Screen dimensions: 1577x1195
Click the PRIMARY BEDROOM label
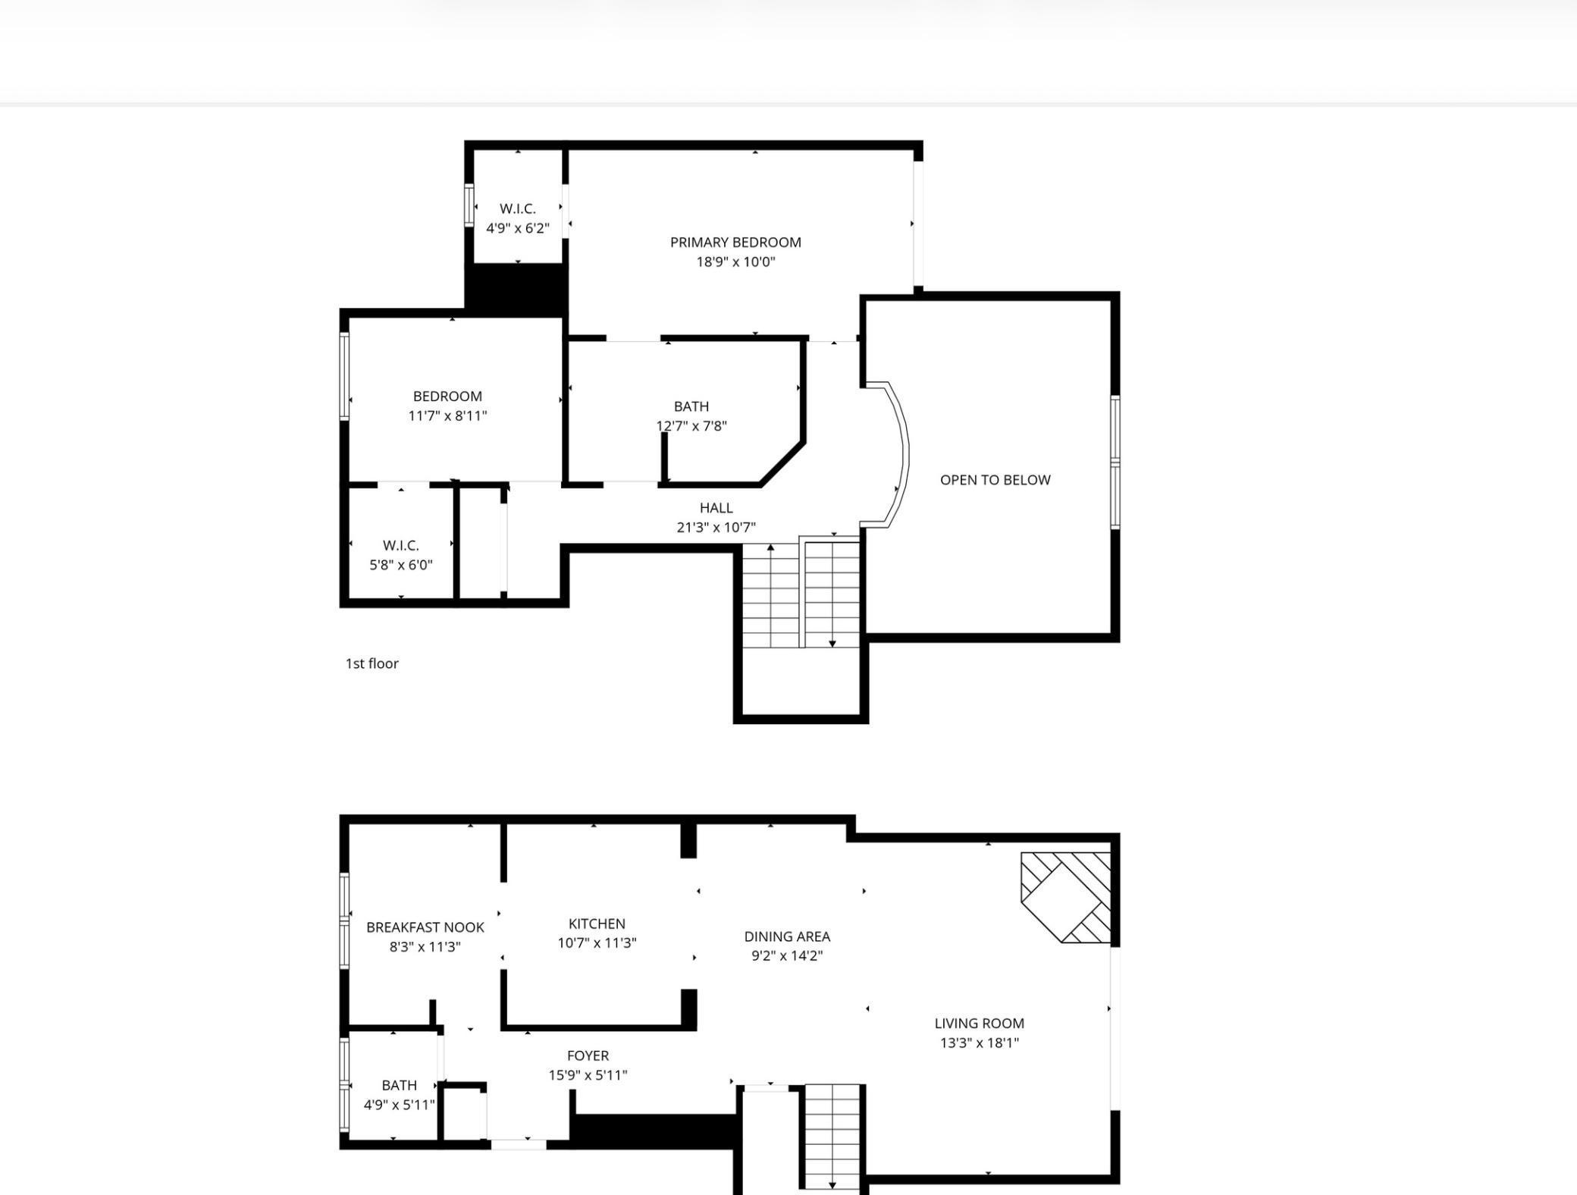pyautogui.click(x=735, y=242)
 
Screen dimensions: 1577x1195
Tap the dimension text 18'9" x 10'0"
pyautogui.click(x=735, y=262)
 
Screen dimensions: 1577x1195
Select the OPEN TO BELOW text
pyautogui.click(x=995, y=479)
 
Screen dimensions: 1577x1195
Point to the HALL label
pyautogui.click(x=716, y=507)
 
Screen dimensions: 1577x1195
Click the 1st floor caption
pyautogui.click(x=372, y=663)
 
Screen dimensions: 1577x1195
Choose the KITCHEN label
pyautogui.click(x=597, y=924)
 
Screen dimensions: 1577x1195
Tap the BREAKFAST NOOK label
pyautogui.click(x=425, y=927)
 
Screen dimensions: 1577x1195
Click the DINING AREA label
pyautogui.click(x=787, y=936)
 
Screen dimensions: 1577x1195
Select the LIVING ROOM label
pyautogui.click(x=979, y=1023)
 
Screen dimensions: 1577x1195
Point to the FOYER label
pyautogui.click(x=588, y=1055)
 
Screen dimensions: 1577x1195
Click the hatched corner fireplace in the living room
pyautogui.click(x=1066, y=898)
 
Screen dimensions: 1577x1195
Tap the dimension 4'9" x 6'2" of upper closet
pyautogui.click(x=518, y=227)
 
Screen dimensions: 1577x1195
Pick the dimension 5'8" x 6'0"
pyautogui.click(x=401, y=564)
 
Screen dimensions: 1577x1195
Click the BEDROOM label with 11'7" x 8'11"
pyautogui.click(x=447, y=396)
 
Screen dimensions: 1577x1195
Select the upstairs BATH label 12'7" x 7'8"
pyautogui.click(x=691, y=406)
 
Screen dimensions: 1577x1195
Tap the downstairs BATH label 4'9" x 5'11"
pyautogui.click(x=400, y=1085)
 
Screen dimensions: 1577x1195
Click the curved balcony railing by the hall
pyautogui.click(x=906, y=455)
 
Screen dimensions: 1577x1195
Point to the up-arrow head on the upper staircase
pyautogui.click(x=770, y=547)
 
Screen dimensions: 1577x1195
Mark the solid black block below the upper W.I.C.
pyautogui.click(x=516, y=289)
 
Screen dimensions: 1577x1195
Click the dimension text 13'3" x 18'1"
pyautogui.click(x=979, y=1043)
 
